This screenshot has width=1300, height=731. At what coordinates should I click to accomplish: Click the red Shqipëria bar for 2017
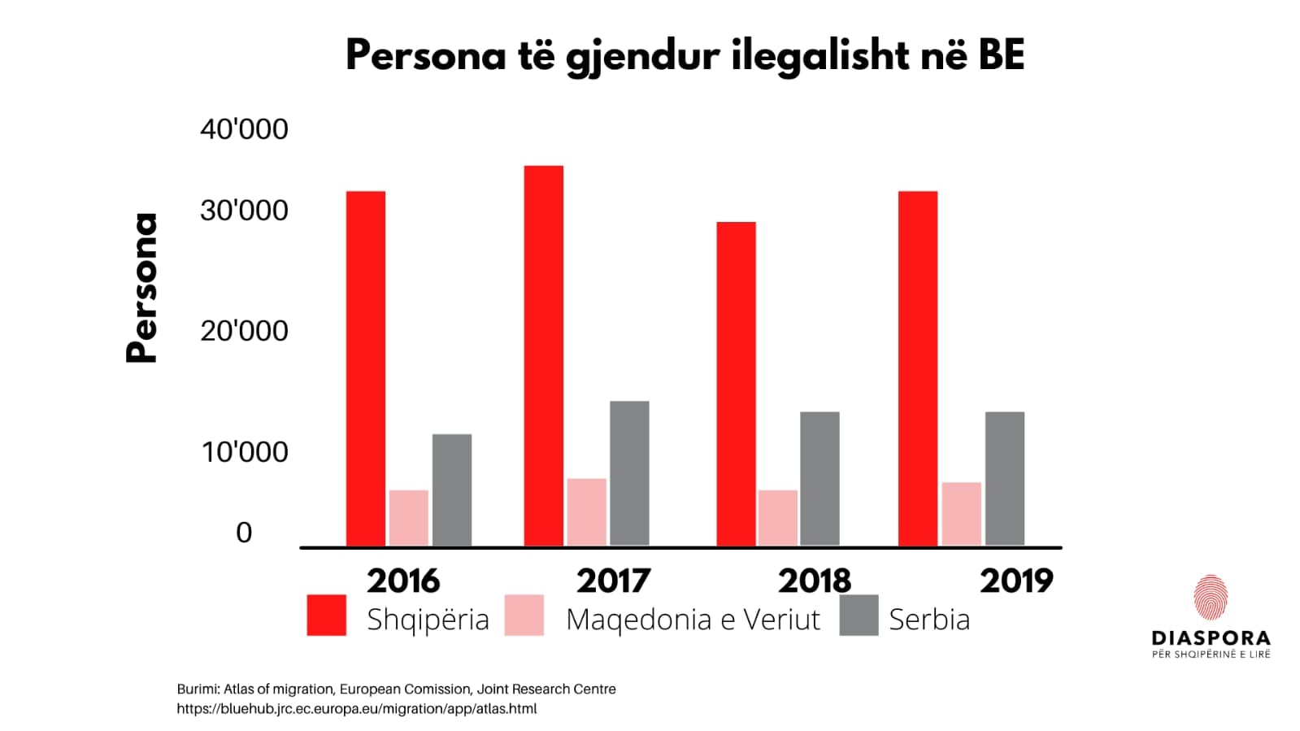(543, 355)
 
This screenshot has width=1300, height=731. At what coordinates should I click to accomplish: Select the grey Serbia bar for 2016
(451, 490)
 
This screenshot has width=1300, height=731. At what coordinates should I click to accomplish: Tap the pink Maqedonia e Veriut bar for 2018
(777, 517)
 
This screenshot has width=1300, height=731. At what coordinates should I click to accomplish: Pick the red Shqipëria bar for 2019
(918, 368)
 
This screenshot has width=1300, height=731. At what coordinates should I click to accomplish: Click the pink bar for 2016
(408, 517)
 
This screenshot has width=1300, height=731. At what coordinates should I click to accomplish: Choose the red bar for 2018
(736, 383)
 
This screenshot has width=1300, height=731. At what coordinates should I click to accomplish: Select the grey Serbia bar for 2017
(629, 472)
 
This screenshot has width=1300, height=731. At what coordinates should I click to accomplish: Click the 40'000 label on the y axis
(244, 129)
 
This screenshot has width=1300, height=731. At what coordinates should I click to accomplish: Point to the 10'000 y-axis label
(245, 452)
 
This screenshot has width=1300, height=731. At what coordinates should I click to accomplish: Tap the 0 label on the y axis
(244, 533)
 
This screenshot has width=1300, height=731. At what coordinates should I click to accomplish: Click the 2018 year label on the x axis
(815, 581)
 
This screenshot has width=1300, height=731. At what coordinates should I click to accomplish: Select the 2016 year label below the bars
(403, 581)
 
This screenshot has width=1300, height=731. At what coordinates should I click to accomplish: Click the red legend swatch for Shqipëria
(326, 615)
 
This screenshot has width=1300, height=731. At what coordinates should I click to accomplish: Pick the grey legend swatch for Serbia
(859, 615)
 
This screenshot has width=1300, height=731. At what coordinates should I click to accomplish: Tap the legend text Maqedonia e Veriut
(693, 620)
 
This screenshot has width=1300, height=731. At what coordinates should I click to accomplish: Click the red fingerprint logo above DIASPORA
(1211, 598)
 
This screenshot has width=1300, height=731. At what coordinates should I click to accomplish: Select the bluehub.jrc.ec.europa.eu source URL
(357, 709)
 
